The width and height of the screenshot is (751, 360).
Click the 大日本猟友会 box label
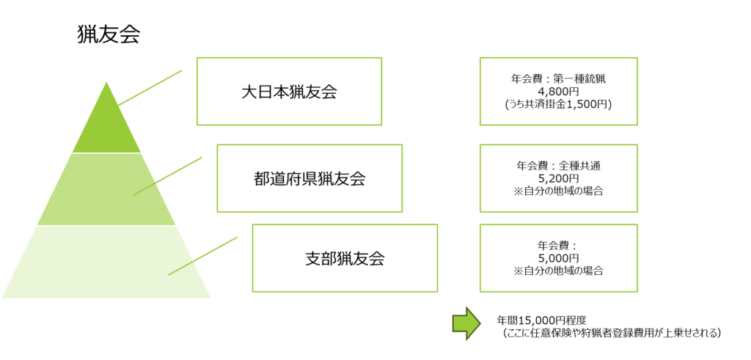point(289,92)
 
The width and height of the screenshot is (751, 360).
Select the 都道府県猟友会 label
point(309,178)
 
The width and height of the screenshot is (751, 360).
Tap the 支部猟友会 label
point(345,259)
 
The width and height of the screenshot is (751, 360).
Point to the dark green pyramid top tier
point(107,128)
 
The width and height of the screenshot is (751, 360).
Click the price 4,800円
point(558,92)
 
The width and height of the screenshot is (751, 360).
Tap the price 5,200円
point(558,178)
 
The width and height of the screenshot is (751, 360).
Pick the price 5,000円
point(558,258)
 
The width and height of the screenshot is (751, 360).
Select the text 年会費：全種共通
point(558,166)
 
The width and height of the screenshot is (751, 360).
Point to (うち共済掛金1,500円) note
point(558,105)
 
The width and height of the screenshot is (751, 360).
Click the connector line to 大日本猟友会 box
point(150,87)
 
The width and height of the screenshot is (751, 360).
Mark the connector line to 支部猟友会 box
point(203,256)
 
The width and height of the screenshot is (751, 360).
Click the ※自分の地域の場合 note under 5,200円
point(558,191)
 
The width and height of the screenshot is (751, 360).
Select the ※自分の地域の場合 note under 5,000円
point(558,271)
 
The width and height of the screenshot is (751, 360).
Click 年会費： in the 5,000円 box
point(558,246)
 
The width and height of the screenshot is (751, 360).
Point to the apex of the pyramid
point(107,83)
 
